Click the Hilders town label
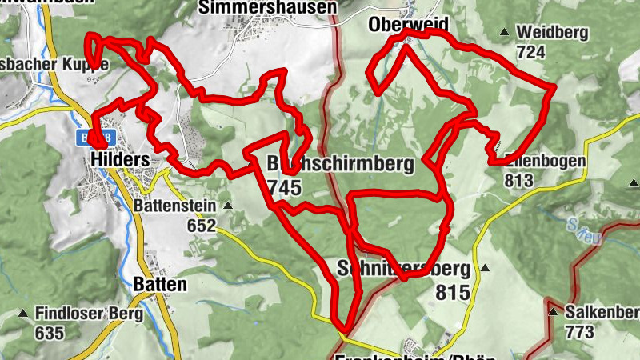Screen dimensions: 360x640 pos(120,160)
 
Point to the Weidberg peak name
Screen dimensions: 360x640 pos(553,33)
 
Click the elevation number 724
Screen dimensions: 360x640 pos(530,53)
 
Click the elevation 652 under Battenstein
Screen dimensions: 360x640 pos(202,226)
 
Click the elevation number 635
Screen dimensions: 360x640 pos(50,333)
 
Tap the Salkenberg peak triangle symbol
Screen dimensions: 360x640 pos(553,311)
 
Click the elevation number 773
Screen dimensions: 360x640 pos(579,331)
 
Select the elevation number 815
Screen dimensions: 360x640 pos(453,293)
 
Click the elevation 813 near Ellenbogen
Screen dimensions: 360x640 pos(518,180)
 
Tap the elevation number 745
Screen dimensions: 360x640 pos(285,187)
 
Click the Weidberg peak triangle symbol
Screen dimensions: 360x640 pos(504,33)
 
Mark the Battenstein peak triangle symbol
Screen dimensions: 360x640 pos(228,206)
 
